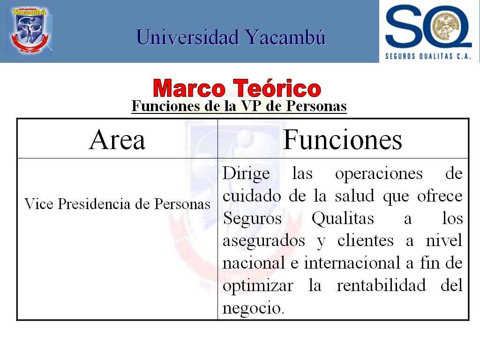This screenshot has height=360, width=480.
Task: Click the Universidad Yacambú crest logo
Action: pyautogui.click(x=30, y=30)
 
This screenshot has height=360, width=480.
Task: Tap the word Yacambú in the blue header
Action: pyautogui.click(x=285, y=37)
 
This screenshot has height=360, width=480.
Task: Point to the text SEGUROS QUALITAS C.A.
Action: pyautogui.click(x=428, y=56)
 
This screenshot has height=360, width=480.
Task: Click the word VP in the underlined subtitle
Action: pyautogui.click(x=251, y=106)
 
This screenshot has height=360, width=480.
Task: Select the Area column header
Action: pyautogui.click(x=117, y=140)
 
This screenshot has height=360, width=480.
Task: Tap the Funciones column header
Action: pyautogui.click(x=343, y=140)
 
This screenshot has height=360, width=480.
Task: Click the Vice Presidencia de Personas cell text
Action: pyautogui.click(x=117, y=204)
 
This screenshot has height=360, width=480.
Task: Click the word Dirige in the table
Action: pyautogui.click(x=246, y=174)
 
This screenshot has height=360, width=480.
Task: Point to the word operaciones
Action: pyautogui.click(x=379, y=174)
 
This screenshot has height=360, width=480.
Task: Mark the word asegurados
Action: pyautogui.click(x=264, y=241)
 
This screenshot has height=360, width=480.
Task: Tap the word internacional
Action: pyautogui.click(x=352, y=262)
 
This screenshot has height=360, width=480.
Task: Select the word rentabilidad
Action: pyautogui.click(x=381, y=285)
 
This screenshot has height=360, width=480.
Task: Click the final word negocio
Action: pyautogui.click(x=253, y=308)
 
